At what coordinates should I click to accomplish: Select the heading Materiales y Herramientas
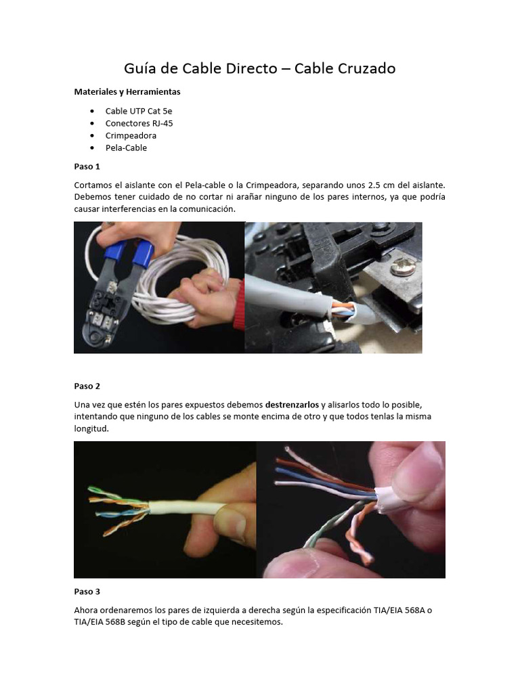click(x=127, y=91)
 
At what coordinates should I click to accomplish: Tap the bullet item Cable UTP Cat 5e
click(x=143, y=111)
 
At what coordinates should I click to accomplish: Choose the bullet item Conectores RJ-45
click(x=144, y=123)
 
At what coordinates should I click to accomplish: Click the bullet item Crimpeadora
click(x=131, y=135)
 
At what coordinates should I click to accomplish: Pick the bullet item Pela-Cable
click(x=126, y=148)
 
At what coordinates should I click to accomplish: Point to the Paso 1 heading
click(x=87, y=166)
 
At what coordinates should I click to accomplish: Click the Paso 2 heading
click(x=87, y=386)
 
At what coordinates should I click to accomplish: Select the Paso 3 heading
click(x=87, y=591)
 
